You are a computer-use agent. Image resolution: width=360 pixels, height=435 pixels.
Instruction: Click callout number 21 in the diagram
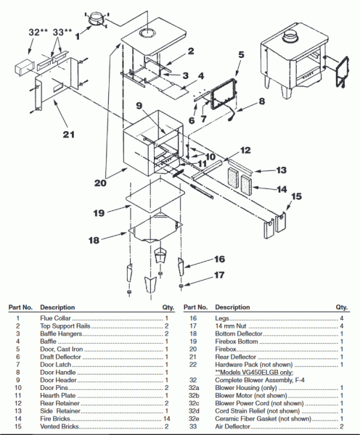[69, 135]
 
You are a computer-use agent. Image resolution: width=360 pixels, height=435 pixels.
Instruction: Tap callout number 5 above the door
[241, 54]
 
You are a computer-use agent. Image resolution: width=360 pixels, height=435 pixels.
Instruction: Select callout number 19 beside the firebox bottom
[99, 213]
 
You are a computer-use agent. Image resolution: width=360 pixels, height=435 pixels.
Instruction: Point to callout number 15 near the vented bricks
[296, 196]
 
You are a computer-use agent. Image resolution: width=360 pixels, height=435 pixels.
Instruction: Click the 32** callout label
[38, 32]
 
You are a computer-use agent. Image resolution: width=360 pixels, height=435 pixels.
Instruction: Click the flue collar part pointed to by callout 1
[97, 20]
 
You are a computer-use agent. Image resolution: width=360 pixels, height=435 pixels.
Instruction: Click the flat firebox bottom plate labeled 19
[155, 196]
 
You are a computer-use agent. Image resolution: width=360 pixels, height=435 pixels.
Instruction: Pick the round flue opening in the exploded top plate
[147, 33]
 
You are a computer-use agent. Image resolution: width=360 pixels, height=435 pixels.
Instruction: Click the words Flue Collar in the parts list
[56, 318]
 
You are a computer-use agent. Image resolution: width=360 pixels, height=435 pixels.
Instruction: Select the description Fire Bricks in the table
[55, 418]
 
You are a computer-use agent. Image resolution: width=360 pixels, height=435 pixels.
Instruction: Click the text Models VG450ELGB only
[254, 373]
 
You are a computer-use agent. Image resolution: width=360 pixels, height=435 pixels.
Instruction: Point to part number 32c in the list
[194, 403]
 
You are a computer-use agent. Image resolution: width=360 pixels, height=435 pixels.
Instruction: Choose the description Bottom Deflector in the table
[239, 333]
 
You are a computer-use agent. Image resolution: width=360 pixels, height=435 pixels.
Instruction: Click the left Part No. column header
[20, 307]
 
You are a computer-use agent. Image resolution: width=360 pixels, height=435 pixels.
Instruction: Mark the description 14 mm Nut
[231, 326]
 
